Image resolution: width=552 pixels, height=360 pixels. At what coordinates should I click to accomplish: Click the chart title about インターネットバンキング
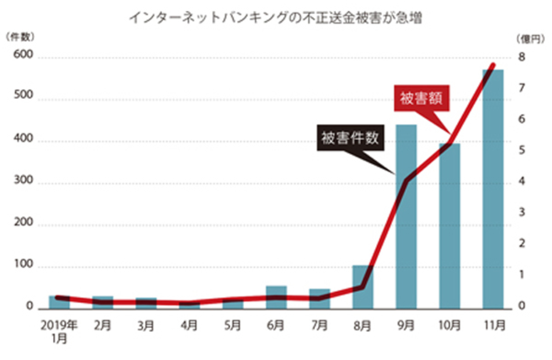pos(275,19)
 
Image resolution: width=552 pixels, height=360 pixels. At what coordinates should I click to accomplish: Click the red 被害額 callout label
pos(421,99)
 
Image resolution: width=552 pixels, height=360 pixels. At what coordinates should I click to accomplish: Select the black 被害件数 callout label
pos(350,139)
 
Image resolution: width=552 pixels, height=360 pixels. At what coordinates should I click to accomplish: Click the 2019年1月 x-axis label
pos(59,331)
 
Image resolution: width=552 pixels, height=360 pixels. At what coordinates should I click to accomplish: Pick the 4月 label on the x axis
pos(189,325)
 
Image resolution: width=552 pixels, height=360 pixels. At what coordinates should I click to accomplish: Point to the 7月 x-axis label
pos(319,325)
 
